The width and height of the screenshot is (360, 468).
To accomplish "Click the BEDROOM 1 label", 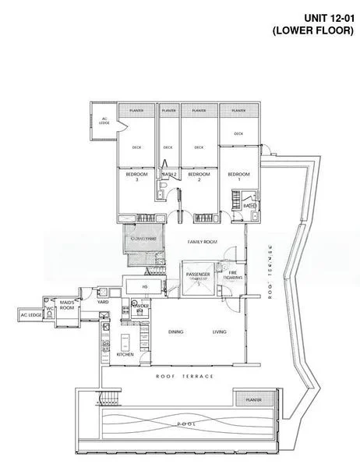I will (x=238, y=177).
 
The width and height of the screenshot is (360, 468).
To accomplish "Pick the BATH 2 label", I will (x=168, y=174).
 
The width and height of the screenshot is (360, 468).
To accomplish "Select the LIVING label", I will (x=220, y=333).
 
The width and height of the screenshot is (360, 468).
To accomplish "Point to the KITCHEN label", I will (x=125, y=354).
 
